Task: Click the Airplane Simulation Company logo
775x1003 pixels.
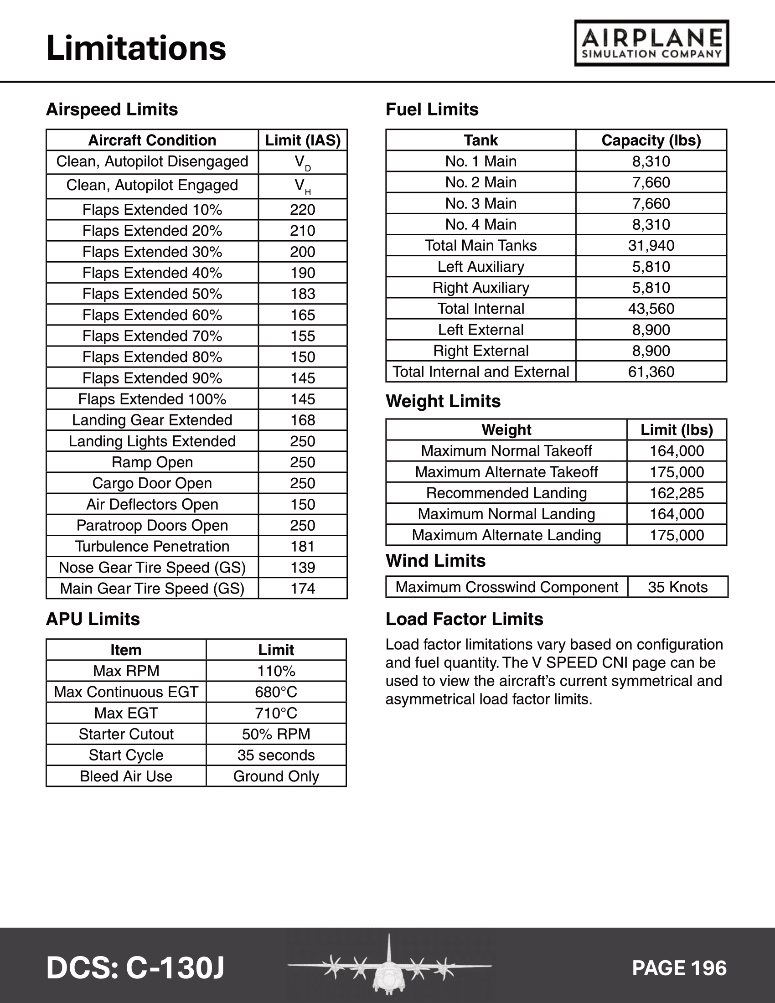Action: (x=651, y=43)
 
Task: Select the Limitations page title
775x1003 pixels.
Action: (x=136, y=48)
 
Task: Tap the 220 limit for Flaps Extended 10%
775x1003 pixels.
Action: (x=303, y=210)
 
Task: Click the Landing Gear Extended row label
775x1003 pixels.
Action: (x=152, y=420)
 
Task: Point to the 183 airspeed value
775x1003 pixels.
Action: (x=303, y=294)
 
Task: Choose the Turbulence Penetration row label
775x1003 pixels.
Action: (x=152, y=547)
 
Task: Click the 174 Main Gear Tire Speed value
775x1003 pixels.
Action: (x=303, y=589)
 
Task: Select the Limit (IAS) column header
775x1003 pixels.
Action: (x=303, y=140)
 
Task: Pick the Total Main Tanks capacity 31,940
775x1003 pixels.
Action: (x=651, y=246)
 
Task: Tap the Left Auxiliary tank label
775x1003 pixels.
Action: (x=480, y=267)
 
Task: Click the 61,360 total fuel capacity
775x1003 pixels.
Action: (x=651, y=372)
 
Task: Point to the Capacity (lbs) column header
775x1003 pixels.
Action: (x=651, y=140)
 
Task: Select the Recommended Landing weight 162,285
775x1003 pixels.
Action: (x=677, y=493)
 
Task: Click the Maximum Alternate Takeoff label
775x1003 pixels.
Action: (x=506, y=472)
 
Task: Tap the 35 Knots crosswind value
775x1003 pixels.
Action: (x=677, y=587)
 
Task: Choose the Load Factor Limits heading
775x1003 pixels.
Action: (x=464, y=620)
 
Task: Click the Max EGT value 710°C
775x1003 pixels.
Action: (x=276, y=713)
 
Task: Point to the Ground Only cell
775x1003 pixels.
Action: (x=276, y=776)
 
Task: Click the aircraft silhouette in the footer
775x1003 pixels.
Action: (x=389, y=967)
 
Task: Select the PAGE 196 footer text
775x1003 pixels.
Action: (x=679, y=968)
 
